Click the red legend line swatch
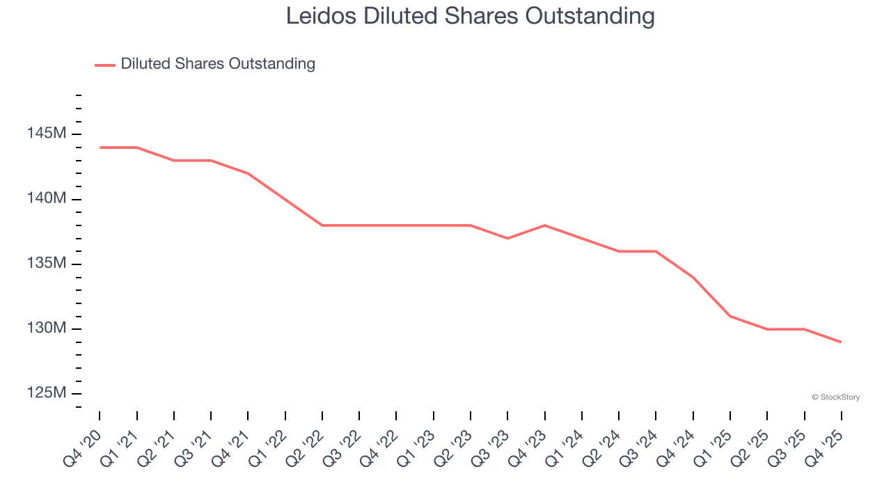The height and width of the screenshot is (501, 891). point(105,65)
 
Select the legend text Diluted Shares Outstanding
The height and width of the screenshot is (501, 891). point(218,64)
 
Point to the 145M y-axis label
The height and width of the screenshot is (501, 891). point(47,134)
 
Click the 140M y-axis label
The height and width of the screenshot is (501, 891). point(47,199)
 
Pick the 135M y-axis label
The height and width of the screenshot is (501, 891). point(47,264)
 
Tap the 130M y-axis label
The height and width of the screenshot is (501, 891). point(47,328)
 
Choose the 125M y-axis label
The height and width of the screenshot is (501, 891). point(47,393)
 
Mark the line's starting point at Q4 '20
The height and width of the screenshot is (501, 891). point(100,148)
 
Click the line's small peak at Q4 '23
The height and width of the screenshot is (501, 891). point(544,225)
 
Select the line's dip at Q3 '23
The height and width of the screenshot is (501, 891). point(507,238)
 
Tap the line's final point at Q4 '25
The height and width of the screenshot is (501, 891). point(841,342)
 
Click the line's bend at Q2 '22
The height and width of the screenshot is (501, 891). point(322,225)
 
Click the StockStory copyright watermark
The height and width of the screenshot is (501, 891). point(835,397)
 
